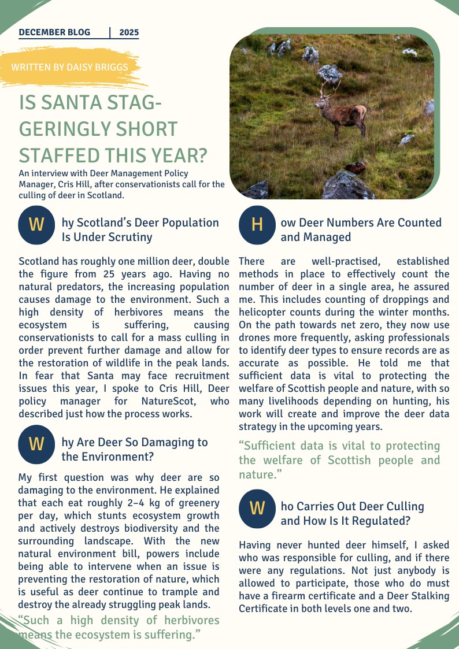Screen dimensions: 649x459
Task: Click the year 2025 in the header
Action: (x=129, y=32)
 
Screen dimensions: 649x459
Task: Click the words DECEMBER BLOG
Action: (x=54, y=32)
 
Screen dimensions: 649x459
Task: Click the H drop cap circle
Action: (x=257, y=224)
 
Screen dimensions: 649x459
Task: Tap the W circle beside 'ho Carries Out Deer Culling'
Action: (x=257, y=508)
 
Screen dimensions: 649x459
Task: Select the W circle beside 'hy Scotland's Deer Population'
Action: (x=36, y=224)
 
